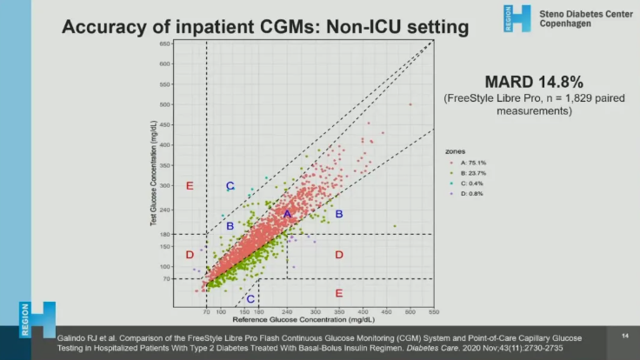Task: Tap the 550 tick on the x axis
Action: pyautogui.click(x=433, y=311)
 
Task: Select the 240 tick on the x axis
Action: pyautogui.click(x=288, y=311)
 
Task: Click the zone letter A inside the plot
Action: pyautogui.click(x=287, y=214)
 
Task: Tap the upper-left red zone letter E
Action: pyautogui.click(x=189, y=186)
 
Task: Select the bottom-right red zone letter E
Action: pyautogui.click(x=339, y=293)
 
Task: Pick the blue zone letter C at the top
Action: pyautogui.click(x=230, y=186)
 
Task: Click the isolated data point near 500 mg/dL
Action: pyautogui.click(x=410, y=104)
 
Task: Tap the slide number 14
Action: pyautogui.click(x=624, y=336)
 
